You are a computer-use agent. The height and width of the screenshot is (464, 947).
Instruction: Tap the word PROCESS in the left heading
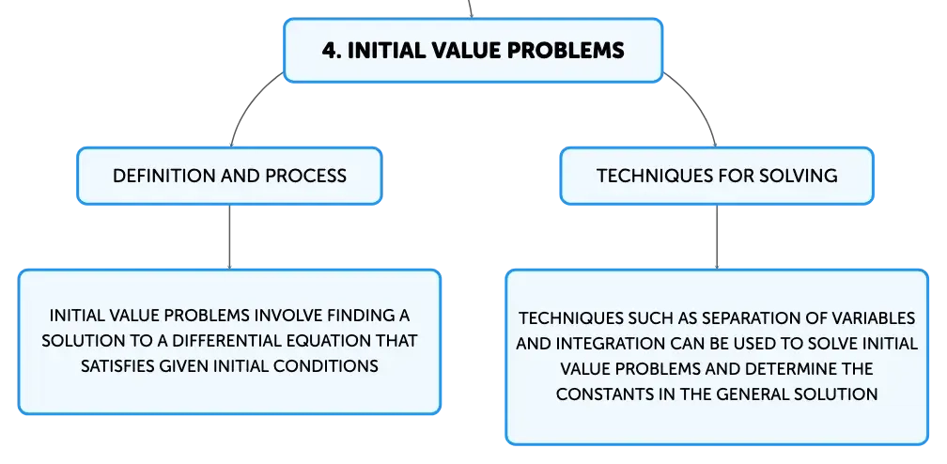[306, 176]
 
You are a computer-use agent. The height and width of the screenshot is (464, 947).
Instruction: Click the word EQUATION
[325, 341]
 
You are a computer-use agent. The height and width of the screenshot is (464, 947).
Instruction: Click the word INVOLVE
[284, 316]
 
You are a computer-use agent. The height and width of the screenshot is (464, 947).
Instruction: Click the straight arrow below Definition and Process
[229, 237]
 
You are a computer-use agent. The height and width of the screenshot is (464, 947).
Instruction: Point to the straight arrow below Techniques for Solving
[717, 237]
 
